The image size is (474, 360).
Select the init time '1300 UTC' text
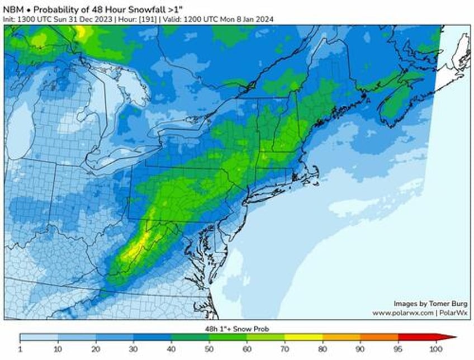click(29, 19)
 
